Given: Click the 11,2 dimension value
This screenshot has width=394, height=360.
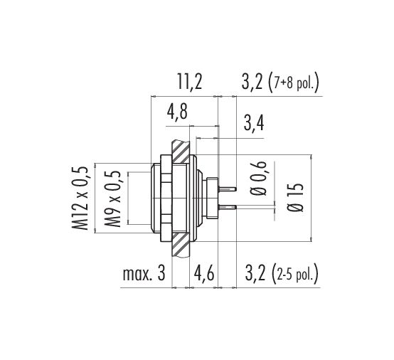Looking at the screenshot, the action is (190, 81).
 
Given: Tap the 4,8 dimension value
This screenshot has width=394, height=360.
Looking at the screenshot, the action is (177, 112).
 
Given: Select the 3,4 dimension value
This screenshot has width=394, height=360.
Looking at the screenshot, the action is (254, 123).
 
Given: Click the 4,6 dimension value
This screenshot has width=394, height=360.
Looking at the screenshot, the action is (204, 273).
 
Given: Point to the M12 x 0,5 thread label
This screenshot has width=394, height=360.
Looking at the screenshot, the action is (80, 198).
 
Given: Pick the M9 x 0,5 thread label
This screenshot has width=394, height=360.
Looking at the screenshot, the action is (112, 199).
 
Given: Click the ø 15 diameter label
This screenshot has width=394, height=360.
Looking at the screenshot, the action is (295, 198).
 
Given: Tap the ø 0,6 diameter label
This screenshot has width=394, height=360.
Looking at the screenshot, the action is (258, 179).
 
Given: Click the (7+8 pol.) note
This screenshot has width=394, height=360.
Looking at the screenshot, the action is (294, 82).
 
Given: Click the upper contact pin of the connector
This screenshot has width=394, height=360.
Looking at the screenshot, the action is (228, 189).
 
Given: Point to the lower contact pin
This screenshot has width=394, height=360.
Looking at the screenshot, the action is (228, 207).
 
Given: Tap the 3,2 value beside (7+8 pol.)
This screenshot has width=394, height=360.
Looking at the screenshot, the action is (252, 81).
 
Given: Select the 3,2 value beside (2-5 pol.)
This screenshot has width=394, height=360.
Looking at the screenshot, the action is (255, 273).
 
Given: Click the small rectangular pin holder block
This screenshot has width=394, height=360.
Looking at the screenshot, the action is (212, 198).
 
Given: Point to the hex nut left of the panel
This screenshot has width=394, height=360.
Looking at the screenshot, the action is (166, 198).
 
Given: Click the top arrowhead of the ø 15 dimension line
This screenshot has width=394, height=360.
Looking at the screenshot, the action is (312, 157).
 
